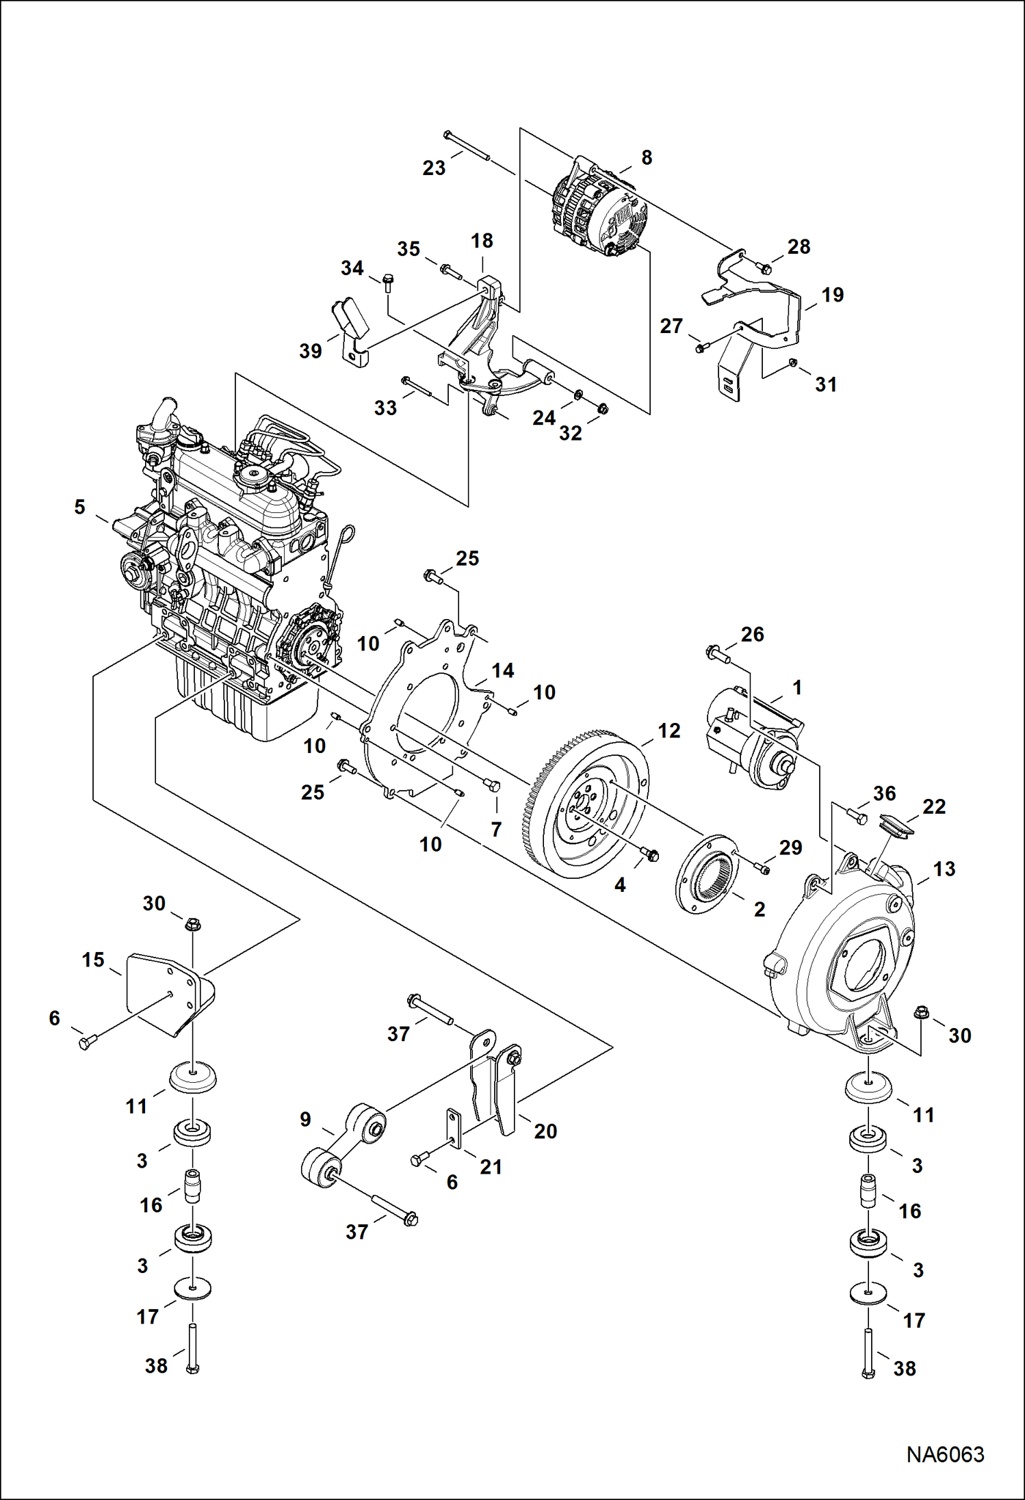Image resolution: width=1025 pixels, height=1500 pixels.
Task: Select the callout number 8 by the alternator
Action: tap(647, 157)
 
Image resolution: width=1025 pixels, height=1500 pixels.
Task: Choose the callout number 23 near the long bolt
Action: tap(434, 168)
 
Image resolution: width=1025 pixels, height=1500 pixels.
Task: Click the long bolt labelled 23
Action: tap(467, 145)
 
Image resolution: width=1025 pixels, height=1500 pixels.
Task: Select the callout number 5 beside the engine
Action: tap(80, 507)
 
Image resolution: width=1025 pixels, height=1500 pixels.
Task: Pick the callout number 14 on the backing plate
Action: tap(502, 670)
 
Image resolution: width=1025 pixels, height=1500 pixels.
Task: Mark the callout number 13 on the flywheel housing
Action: tap(944, 869)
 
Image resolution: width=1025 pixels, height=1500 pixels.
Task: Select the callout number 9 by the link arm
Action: tap(305, 1119)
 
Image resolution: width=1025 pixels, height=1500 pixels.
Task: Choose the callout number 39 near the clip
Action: tap(311, 351)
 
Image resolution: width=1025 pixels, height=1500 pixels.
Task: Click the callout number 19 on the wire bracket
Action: tap(832, 295)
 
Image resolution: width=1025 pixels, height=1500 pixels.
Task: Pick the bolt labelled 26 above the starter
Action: tap(717, 653)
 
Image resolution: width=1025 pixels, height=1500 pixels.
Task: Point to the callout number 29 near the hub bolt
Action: tap(790, 847)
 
